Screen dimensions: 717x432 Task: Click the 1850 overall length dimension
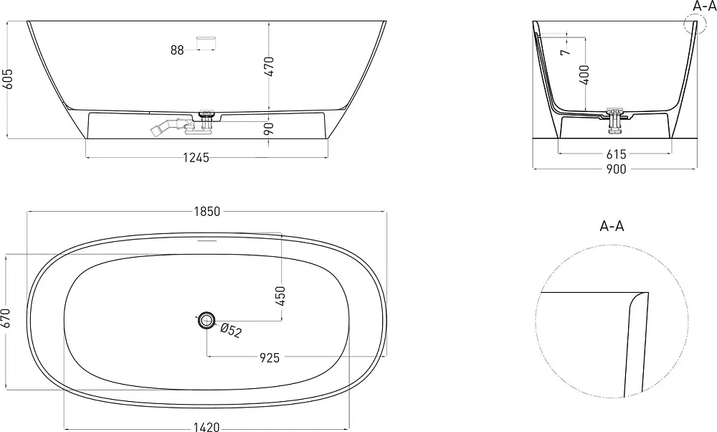click(x=207, y=212)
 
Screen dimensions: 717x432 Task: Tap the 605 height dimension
click(x=8, y=79)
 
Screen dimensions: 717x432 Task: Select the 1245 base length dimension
click(x=196, y=158)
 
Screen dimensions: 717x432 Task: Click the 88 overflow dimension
click(x=177, y=50)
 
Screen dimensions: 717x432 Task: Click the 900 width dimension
click(x=616, y=169)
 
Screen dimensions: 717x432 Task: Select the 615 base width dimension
click(x=616, y=154)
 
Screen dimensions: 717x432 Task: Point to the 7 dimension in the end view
click(x=566, y=52)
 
